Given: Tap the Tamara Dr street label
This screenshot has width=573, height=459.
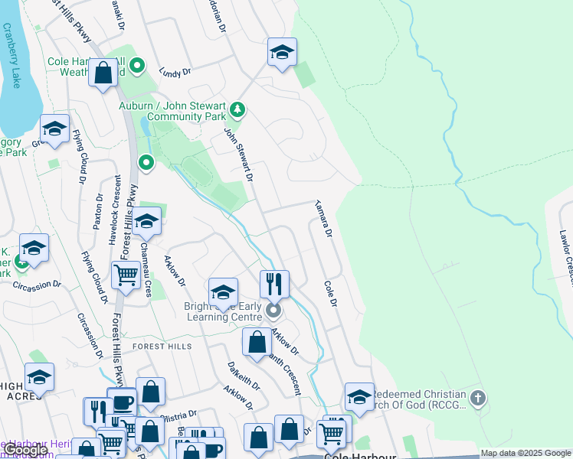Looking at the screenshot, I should tap(323, 217).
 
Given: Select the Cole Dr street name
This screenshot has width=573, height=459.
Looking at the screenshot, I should tap(330, 293).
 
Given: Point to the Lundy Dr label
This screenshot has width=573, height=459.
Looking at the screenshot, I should tap(174, 72).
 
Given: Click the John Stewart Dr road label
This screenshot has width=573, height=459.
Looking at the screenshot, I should tap(238, 154).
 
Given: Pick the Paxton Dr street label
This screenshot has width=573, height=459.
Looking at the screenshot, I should tap(98, 211).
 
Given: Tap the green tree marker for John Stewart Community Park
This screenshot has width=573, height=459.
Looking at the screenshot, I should tap(237, 109).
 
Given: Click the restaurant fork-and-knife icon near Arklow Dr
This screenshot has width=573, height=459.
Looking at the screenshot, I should tap(274, 284).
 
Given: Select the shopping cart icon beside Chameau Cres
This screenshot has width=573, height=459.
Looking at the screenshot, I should tap(126, 274).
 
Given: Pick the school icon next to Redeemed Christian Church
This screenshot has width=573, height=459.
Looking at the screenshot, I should tap(359, 396).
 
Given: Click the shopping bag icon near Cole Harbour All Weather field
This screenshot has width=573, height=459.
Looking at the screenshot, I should tap(103, 73).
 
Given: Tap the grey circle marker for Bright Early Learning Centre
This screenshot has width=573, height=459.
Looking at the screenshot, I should tap(273, 311).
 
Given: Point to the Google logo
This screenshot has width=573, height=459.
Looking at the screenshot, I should tap(26, 450).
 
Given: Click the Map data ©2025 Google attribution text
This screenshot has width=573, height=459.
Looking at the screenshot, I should tap(526, 454).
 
